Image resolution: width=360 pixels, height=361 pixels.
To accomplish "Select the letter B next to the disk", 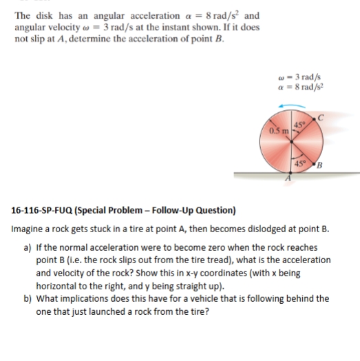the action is [320, 167].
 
